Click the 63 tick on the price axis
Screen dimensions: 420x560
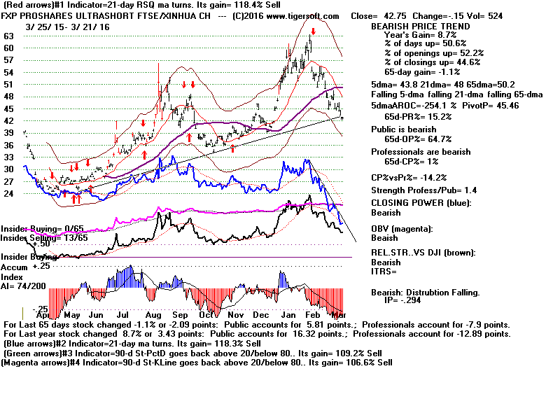pos(9,36)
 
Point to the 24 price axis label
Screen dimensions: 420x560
pos(9,193)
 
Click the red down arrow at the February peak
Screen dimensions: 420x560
pos(313,31)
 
